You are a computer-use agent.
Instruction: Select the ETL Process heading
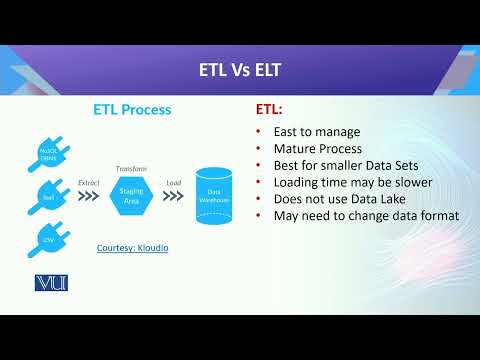(x=132, y=109)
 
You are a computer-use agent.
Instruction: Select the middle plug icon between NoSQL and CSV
(x=46, y=196)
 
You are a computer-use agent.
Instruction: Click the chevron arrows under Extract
(x=90, y=198)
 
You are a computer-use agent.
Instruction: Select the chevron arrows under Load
(x=172, y=198)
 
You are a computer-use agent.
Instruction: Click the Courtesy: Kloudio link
(x=132, y=246)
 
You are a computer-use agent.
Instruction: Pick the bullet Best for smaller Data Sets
(x=348, y=165)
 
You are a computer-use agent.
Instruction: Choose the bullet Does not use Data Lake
(x=342, y=199)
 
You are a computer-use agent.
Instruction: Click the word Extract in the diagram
(x=90, y=184)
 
